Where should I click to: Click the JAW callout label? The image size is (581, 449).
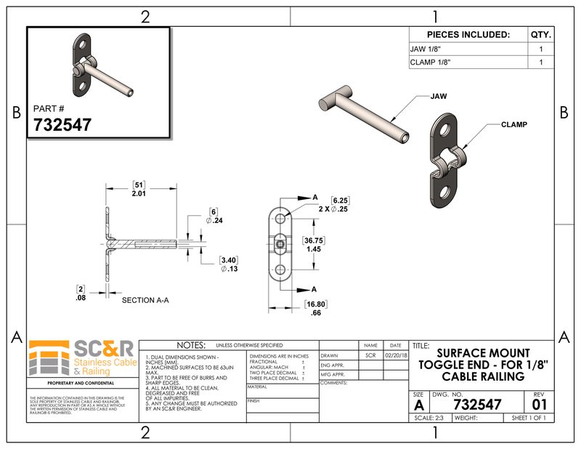click(x=439, y=96)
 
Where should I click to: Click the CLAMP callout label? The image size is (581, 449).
click(x=513, y=125)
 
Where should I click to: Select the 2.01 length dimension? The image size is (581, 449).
click(x=139, y=194)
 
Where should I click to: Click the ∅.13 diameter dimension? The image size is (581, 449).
click(x=229, y=268)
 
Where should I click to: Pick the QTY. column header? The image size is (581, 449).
click(x=540, y=34)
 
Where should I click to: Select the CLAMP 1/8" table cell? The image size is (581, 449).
click(x=431, y=62)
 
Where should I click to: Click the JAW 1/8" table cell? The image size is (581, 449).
click(x=426, y=49)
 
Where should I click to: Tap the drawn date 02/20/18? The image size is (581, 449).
click(x=395, y=356)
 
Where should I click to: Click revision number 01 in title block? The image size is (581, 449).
click(x=538, y=404)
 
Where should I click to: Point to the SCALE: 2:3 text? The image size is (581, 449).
click(x=428, y=418)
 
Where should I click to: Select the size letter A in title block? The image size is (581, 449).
click(x=418, y=404)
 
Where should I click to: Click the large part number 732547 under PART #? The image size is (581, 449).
click(x=62, y=124)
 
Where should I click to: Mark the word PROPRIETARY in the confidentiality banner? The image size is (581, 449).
click(x=61, y=382)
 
